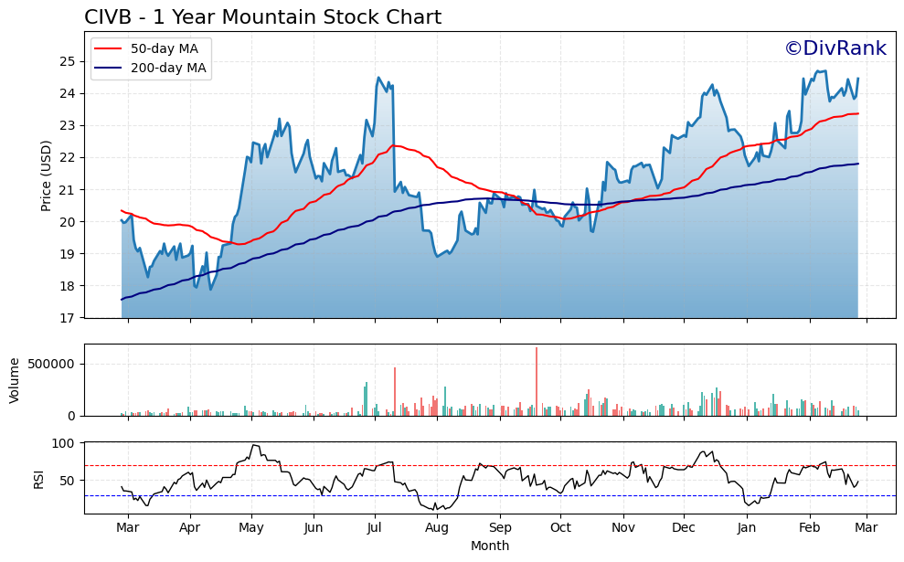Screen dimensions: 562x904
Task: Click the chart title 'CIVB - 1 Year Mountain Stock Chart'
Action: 262,17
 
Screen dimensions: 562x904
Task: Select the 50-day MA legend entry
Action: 150,48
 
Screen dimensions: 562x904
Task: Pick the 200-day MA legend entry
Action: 150,68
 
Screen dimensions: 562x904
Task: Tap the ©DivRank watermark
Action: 835,48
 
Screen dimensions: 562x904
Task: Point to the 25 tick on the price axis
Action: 69,61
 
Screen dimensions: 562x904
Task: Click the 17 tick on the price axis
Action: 69,318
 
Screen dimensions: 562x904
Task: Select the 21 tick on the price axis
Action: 69,189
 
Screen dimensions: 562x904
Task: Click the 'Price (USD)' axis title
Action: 47,175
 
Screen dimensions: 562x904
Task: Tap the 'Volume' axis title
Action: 14,380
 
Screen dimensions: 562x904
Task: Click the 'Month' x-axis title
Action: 490,546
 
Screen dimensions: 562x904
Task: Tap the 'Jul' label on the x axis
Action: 375,528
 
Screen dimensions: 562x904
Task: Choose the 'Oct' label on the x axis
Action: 560,528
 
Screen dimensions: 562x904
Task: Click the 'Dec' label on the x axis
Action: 685,528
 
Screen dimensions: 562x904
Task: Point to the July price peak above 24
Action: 378,78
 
